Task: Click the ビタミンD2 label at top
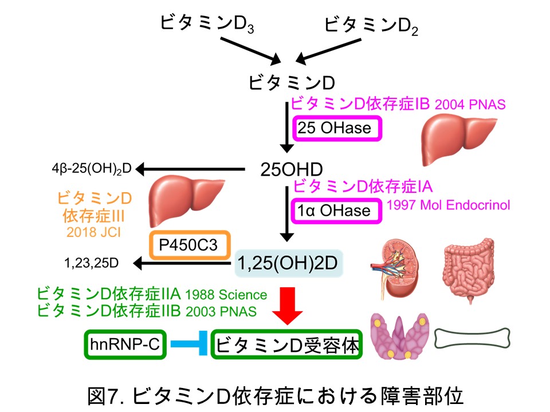[x=371, y=24]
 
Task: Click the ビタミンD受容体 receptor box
[x=288, y=344]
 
